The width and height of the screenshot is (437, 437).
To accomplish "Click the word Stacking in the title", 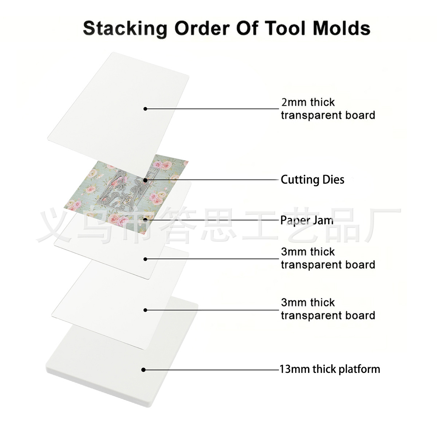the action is (x=125, y=29).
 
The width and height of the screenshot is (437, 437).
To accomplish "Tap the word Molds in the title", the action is (x=342, y=28).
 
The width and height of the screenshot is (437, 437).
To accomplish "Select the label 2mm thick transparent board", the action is (x=328, y=109).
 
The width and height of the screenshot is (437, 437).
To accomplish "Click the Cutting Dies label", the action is (x=312, y=180).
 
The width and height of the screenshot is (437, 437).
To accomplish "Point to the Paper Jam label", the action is (x=307, y=220).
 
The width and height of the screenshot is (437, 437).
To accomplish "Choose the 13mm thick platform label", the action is (x=330, y=369).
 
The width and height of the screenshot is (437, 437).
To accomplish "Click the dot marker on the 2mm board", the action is (x=145, y=109).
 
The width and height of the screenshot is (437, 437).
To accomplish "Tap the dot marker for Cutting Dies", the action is (x=145, y=181).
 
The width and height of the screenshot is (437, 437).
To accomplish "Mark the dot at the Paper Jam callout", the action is (x=145, y=220).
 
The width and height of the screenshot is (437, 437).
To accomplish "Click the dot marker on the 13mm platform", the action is (x=143, y=370).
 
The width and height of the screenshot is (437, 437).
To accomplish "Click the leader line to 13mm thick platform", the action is (x=212, y=370).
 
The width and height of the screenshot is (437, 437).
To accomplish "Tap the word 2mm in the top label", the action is (x=294, y=102).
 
